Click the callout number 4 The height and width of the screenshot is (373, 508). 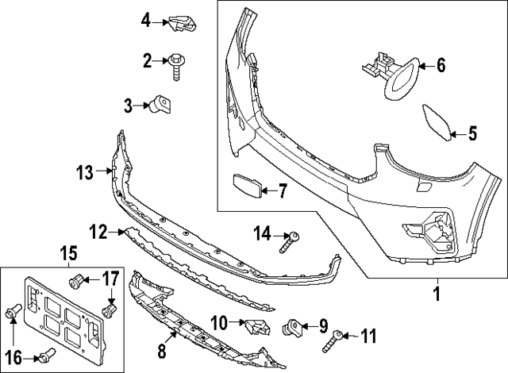[145, 20]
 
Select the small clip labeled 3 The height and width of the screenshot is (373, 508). [164, 104]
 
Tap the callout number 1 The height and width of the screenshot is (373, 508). [435, 295]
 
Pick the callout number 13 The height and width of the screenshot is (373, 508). [85, 170]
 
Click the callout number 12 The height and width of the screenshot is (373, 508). [98, 232]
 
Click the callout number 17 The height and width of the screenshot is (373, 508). [110, 279]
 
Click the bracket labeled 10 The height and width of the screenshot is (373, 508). [256, 325]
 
